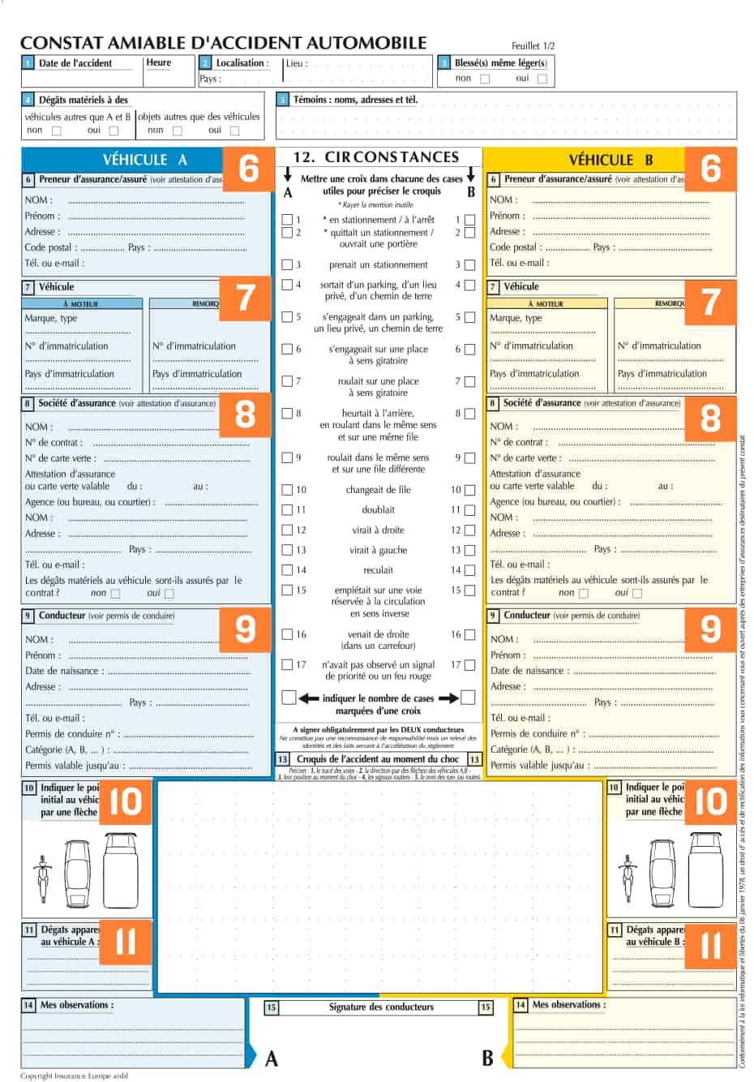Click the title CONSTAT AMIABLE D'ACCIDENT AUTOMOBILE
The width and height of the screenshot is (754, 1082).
click(223, 43)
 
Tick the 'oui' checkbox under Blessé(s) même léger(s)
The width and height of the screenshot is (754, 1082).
click(542, 79)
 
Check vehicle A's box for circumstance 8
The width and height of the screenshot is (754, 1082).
click(287, 414)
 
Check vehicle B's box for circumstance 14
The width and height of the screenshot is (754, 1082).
click(469, 570)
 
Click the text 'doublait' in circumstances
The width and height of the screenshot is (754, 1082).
click(379, 510)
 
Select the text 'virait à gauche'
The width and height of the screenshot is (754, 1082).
click(378, 550)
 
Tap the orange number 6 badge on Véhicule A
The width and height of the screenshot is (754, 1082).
click(249, 168)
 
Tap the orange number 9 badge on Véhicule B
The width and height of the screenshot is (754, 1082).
click(710, 629)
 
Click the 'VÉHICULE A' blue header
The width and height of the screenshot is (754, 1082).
click(144, 160)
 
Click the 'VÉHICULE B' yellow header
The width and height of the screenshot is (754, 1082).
click(610, 160)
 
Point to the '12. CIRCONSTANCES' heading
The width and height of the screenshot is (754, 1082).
click(376, 157)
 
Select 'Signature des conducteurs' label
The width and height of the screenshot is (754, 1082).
click(381, 1007)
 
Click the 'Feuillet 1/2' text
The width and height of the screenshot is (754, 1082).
click(533, 46)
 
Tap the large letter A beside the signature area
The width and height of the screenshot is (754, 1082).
click(272, 1058)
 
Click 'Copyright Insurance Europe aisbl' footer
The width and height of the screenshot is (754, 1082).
click(74, 1076)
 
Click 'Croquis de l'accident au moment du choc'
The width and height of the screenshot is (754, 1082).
click(378, 759)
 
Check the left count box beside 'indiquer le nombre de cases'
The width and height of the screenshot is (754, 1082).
click(289, 698)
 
